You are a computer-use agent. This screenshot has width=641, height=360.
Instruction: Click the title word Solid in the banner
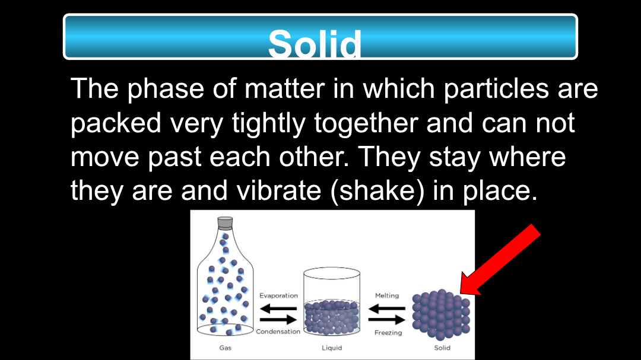click(x=315, y=43)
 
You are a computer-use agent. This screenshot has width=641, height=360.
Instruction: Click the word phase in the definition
click(x=166, y=89)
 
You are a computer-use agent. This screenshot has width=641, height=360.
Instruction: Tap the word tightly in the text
click(x=269, y=123)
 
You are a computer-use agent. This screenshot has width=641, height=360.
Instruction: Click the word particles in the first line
click(x=496, y=89)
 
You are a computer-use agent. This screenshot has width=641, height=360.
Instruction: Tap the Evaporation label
click(x=278, y=295)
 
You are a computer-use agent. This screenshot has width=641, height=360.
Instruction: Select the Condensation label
click(x=278, y=332)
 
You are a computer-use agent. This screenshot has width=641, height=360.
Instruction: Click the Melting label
click(x=387, y=295)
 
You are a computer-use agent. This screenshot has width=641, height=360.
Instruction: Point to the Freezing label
click(x=388, y=333)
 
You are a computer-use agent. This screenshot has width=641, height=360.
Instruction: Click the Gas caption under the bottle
click(x=226, y=348)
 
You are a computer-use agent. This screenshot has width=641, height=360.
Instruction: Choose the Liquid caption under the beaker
click(x=332, y=348)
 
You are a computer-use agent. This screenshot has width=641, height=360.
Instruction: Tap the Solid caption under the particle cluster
click(x=442, y=348)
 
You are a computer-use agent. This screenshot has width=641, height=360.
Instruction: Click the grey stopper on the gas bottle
click(x=225, y=222)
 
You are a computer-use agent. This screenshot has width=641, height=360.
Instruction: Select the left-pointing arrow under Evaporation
click(x=278, y=308)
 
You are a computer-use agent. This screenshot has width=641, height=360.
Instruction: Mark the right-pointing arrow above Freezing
click(x=387, y=320)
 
